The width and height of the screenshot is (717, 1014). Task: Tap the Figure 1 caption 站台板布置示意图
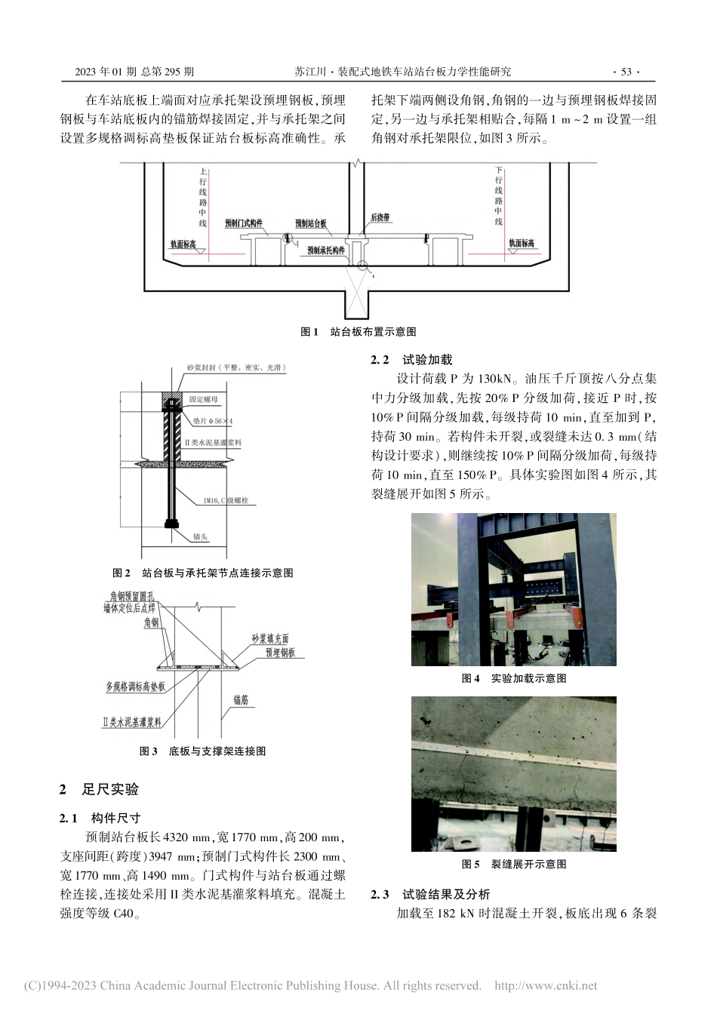click(358, 331)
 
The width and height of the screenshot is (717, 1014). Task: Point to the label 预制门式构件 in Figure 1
click(244, 223)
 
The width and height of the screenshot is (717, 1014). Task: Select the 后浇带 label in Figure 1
click(380, 217)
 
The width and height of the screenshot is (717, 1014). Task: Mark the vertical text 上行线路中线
click(202, 197)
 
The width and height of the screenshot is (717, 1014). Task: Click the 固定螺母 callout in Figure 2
click(204, 398)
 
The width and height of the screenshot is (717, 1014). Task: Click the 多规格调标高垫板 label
click(135, 687)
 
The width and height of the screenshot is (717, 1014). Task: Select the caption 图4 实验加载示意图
click(513, 678)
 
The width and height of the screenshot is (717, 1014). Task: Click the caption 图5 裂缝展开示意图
click(513, 864)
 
